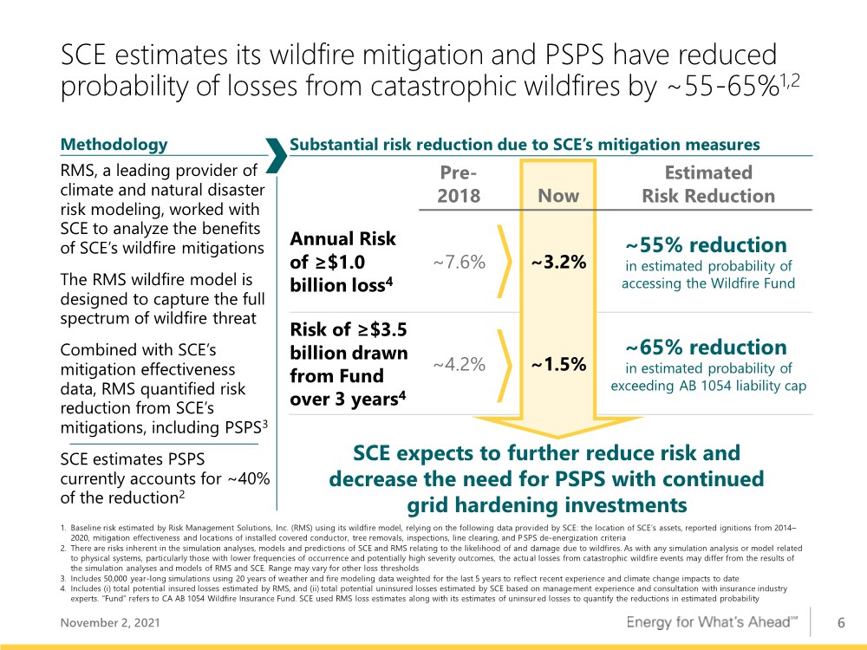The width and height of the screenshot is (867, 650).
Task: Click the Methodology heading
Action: click(114, 144)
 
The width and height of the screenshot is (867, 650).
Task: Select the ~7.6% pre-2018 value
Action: click(459, 262)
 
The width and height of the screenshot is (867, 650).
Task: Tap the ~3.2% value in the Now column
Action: click(558, 262)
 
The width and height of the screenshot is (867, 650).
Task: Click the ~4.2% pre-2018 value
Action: click(459, 364)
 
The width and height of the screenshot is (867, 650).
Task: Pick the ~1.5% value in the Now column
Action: click(558, 364)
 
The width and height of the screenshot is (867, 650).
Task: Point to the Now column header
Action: click(558, 196)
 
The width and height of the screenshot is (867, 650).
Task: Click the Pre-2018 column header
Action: click(459, 184)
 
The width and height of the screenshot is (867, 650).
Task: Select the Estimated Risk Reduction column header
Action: click(708, 184)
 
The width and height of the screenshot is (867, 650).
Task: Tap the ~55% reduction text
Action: click(706, 245)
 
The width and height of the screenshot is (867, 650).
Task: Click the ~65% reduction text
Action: click(706, 348)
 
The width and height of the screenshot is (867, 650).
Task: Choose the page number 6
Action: click(841, 623)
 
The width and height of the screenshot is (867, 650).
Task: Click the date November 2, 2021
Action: click(110, 623)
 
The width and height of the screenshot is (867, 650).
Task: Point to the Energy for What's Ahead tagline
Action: click(712, 622)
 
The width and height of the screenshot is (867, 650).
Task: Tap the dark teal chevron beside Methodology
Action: click(277, 155)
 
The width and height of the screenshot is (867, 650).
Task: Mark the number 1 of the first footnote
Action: click(63, 528)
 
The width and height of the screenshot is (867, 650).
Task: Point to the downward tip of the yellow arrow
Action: click(557, 439)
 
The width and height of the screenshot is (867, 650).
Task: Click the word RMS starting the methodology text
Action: click(78, 170)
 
